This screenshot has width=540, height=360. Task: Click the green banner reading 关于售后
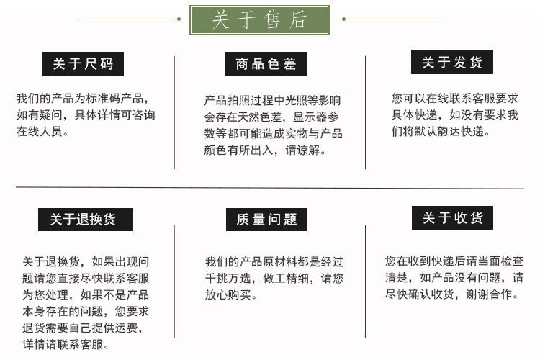[259, 19]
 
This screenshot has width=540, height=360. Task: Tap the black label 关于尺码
[83, 64]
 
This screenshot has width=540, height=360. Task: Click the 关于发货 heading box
[451, 62]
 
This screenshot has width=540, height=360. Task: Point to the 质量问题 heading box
[266, 219]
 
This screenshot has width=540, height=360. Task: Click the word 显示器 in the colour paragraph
[311, 117]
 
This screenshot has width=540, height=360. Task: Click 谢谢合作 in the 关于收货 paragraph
[500, 294]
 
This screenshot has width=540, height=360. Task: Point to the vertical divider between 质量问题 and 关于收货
[364, 281]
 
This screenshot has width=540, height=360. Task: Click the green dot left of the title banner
[179, 19]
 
